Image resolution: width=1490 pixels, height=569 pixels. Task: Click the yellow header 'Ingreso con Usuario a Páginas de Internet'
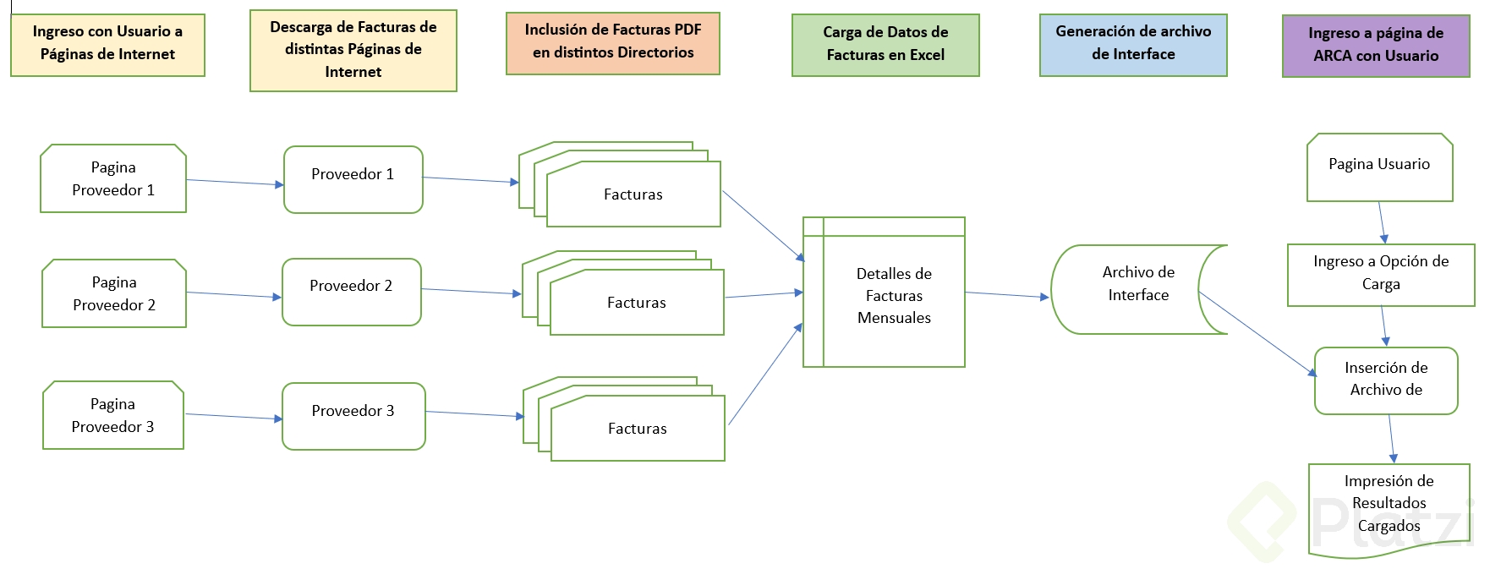(x=107, y=44)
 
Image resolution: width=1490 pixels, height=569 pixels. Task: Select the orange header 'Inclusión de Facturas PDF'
(x=612, y=42)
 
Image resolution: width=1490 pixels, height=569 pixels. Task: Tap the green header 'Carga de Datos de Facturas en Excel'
(x=885, y=44)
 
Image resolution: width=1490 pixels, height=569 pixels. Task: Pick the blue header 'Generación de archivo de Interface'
(x=1132, y=44)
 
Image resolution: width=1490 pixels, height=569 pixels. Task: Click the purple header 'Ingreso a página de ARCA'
(x=1375, y=45)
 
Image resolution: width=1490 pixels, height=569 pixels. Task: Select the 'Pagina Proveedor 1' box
(x=113, y=178)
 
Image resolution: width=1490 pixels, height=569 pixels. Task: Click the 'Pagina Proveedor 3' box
(x=113, y=415)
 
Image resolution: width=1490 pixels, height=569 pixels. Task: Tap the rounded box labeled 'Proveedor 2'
(x=351, y=291)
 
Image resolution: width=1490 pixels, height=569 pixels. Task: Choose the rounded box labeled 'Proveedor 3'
(x=353, y=416)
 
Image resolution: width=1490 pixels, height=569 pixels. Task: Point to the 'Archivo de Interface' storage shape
(x=1137, y=288)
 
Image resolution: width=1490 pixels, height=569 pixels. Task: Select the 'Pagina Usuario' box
(x=1378, y=167)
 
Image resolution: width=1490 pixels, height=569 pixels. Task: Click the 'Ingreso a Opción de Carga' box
(x=1380, y=274)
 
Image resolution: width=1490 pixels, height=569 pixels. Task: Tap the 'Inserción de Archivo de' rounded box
(x=1385, y=380)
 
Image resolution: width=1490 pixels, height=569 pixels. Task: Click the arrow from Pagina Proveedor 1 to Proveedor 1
(x=234, y=182)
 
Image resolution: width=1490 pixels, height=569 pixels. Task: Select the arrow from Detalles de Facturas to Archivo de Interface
(x=1006, y=295)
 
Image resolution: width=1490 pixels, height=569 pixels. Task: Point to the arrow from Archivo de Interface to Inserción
(x=1257, y=333)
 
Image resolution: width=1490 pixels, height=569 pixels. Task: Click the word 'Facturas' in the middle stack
(x=636, y=303)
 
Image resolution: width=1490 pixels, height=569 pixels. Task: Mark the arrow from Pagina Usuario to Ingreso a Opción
(x=1382, y=222)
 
